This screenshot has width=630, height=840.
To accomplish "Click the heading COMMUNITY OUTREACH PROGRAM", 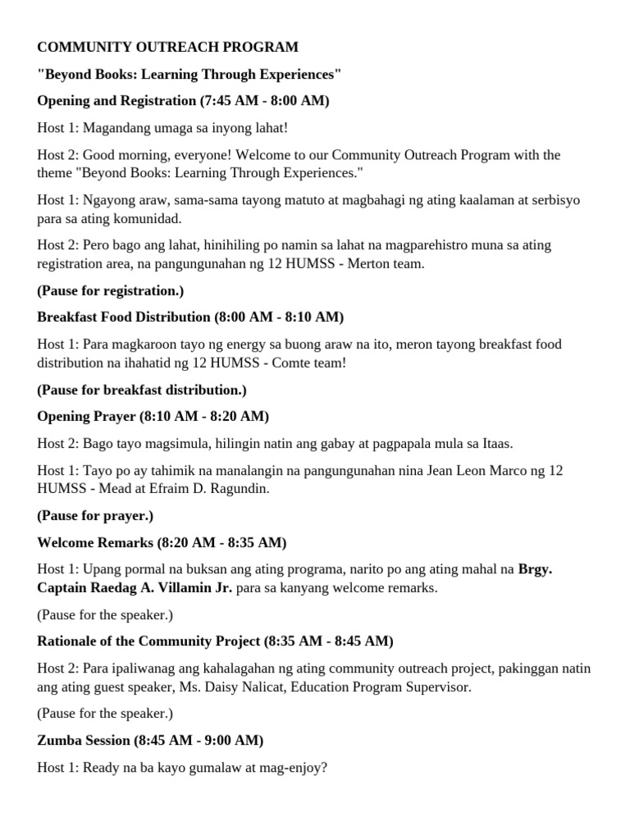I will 167,47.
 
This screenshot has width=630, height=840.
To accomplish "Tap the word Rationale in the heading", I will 68,641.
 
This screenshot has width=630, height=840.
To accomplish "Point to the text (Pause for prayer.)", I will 95,516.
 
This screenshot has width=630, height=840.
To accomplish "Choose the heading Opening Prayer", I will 86,416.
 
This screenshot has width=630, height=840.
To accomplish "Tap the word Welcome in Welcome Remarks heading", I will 65,542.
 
